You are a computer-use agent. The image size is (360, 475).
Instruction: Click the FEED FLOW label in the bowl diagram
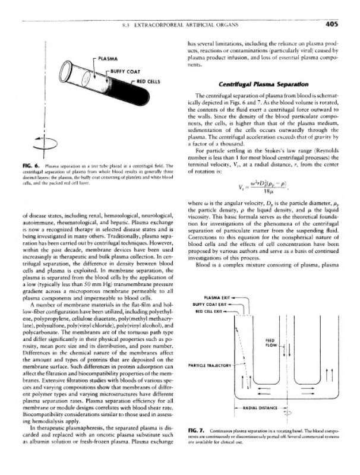(269, 343)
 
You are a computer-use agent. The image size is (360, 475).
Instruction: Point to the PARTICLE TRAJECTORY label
(209, 366)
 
